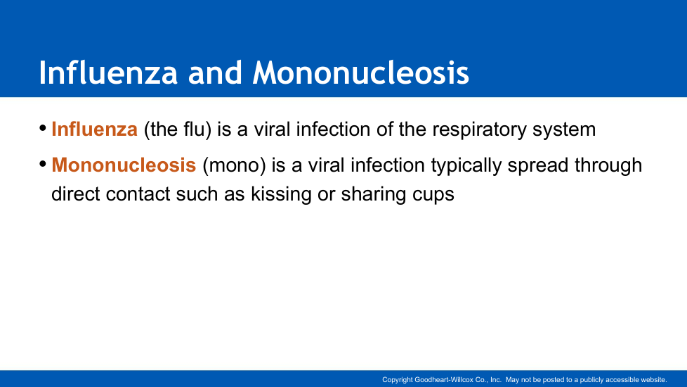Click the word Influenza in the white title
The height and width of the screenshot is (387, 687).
pos(108,72)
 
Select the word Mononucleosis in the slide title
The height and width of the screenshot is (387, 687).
pos(360,72)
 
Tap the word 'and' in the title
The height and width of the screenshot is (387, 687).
pos(215,72)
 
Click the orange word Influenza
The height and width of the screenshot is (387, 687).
pos(95,129)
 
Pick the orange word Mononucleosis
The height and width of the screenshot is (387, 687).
pos(124,165)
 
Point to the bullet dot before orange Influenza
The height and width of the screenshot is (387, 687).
pos(43,128)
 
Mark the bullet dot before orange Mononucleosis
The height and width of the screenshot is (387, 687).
pos(43,164)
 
